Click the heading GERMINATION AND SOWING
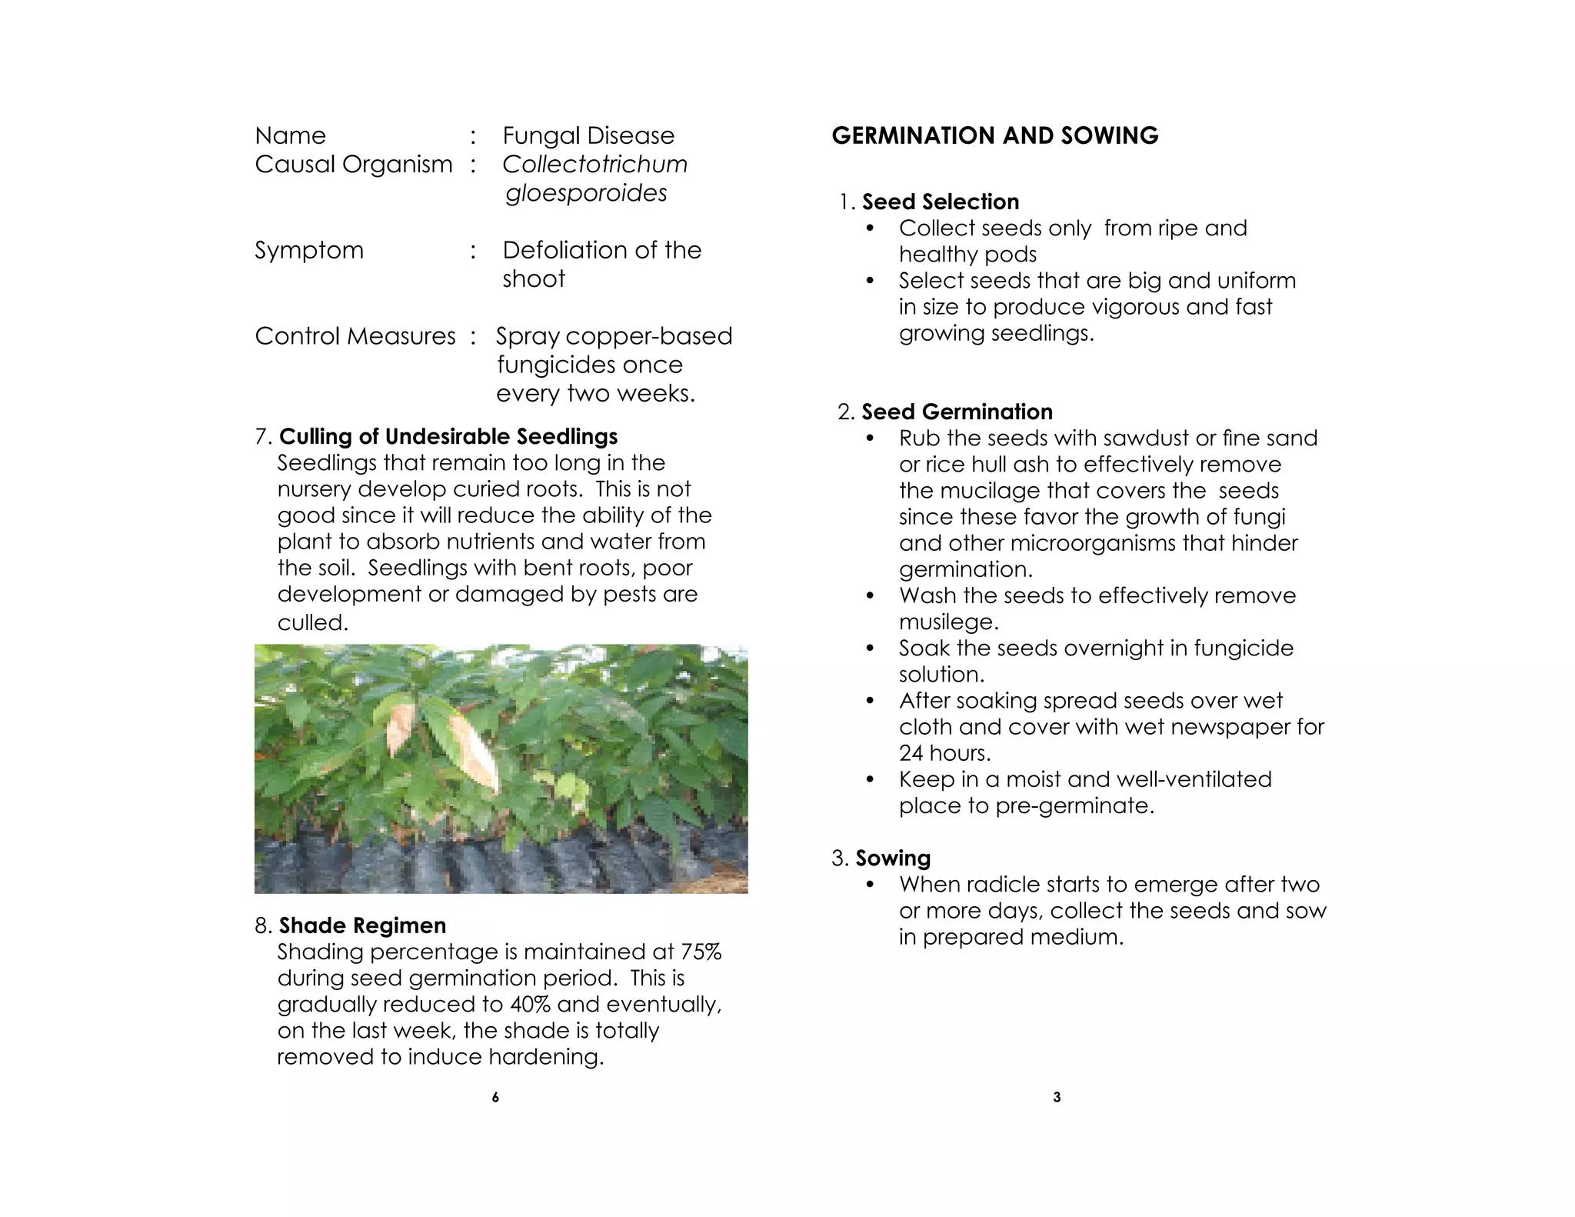[994, 136]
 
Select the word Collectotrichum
[594, 165]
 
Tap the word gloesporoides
[586, 193]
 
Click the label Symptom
[309, 251]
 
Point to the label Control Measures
[355, 337]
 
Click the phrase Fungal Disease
[588, 136]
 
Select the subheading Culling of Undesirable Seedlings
[448, 437]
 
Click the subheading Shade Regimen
[362, 925]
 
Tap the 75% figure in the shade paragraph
[701, 952]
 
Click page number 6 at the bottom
[495, 1098]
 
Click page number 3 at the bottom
[1057, 1098]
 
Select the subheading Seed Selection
[940, 202]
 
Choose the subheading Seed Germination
[957, 412]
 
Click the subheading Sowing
[893, 859]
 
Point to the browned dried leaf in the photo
[471, 754]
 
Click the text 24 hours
[944, 753]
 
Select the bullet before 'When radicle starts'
[870, 885]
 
